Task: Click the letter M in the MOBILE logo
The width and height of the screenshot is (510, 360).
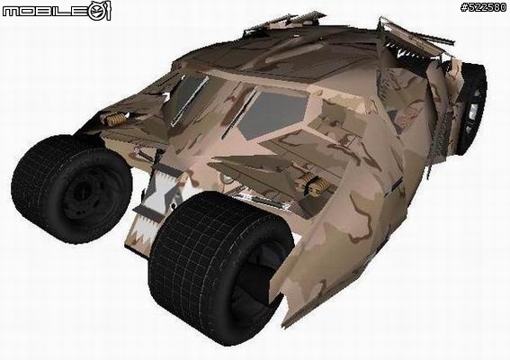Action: coord(12,12)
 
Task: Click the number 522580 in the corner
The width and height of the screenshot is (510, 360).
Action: coord(488,8)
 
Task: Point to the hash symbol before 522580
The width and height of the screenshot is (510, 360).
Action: coord(464,8)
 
